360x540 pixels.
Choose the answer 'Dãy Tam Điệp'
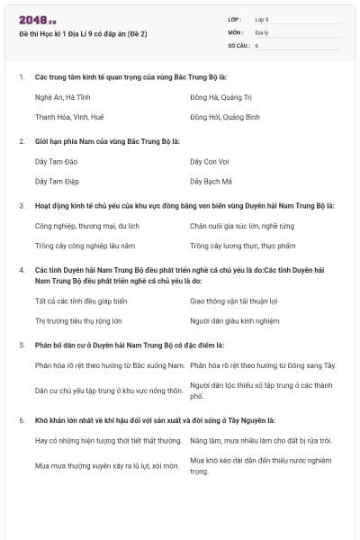tap(56, 181)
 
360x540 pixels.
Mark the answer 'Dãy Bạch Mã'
tap(210, 181)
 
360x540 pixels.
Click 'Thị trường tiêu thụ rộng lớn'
tap(78, 320)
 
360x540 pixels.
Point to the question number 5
tap(22, 345)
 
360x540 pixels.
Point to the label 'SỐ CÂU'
tap(238, 44)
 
